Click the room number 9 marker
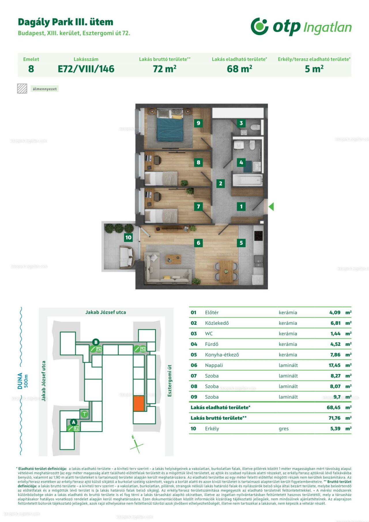tap(198, 123)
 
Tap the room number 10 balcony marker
tap(128, 237)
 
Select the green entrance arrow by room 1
tap(271, 206)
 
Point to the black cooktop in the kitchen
tap(258, 236)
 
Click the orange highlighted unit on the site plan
tap(139, 403)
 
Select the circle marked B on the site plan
tap(96, 342)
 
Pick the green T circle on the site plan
tap(84, 414)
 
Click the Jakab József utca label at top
tap(106, 312)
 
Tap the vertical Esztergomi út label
tap(170, 380)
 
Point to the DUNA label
tap(20, 381)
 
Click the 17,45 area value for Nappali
tap(334, 365)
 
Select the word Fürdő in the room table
tap(212, 344)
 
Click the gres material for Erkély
tap(284, 429)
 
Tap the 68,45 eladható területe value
tap(334, 407)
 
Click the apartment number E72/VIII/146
tap(86, 69)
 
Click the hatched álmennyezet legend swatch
tap(22, 89)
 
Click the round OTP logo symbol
tap(259, 27)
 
